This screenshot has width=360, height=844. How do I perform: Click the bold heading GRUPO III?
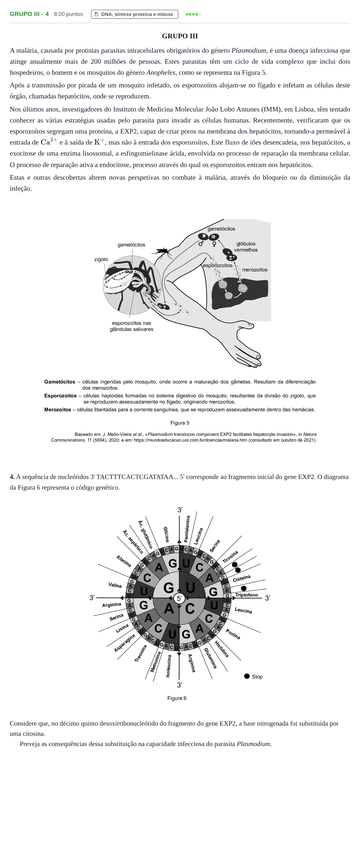[180, 36]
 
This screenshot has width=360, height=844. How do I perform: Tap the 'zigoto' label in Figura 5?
[101, 259]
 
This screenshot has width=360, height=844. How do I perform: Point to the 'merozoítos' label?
[254, 270]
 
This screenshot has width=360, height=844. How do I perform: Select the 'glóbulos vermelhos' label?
[246, 247]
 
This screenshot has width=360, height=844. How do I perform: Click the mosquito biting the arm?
[161, 252]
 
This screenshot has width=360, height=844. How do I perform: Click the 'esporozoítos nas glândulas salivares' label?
[132, 326]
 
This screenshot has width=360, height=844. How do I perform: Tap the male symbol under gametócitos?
[201, 243]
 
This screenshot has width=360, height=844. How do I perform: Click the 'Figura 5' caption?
[180, 423]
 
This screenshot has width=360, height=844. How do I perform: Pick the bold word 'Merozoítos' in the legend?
[58, 410]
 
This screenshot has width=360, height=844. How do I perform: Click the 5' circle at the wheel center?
[179, 598]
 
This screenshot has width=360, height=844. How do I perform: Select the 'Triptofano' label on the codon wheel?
[246, 595]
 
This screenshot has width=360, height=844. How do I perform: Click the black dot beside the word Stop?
[247, 676]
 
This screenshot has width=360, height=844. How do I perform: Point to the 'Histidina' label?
[221, 649]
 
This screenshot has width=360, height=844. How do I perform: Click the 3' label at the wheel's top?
[180, 510]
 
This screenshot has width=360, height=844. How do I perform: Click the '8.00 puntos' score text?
[68, 14]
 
